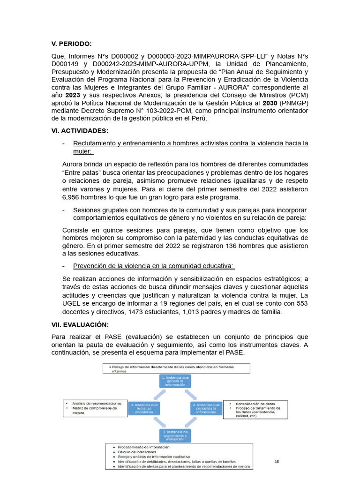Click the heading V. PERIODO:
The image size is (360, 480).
click(72, 44)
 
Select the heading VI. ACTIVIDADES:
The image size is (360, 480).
click(80, 131)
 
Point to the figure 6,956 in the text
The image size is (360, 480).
click(72, 197)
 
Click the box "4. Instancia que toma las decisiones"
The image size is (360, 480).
click(145, 408)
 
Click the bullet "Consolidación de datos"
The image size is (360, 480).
click(255, 404)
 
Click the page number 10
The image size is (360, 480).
click(277, 462)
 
